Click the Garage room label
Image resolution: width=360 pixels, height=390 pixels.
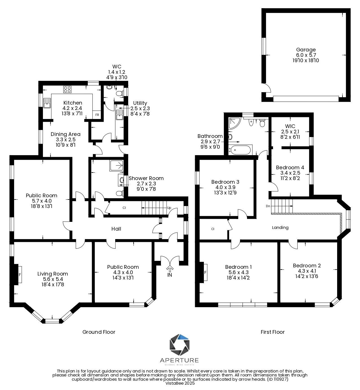click(306, 50)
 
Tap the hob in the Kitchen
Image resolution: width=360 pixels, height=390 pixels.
click(67, 89)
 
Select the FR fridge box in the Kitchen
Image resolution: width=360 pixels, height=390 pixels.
click(97, 115)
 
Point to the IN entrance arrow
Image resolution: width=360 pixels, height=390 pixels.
click(170, 268)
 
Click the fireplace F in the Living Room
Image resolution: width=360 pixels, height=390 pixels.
click(20, 275)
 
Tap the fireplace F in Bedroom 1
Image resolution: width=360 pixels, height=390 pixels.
click(205, 272)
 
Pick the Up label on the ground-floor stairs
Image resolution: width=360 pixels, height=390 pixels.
click(169, 208)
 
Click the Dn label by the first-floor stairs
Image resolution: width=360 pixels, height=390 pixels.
click(268, 206)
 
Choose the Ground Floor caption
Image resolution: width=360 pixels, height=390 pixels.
click(99, 332)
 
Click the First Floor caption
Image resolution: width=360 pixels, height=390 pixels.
click(273, 332)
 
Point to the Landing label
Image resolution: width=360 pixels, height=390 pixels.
click(280, 227)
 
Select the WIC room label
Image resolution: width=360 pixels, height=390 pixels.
click(290, 126)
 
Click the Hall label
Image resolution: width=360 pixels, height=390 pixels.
click(116, 229)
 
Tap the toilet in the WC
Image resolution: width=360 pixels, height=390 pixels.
click(119, 93)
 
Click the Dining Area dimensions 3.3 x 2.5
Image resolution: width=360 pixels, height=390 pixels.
click(66, 139)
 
